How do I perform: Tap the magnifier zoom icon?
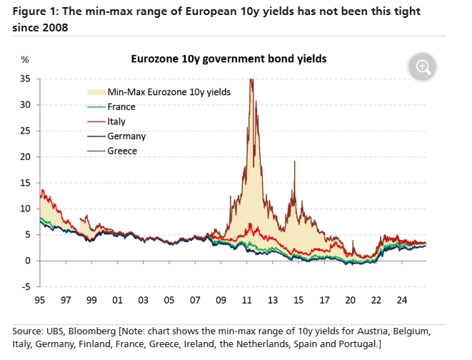tap(423, 67)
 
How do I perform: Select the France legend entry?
tap(121, 107)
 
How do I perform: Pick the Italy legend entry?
tap(116, 121)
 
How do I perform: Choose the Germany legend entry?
tap(126, 136)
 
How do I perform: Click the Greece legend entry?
tap(121, 151)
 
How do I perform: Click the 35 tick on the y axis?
tap(25, 79)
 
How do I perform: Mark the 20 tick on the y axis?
tap(25, 156)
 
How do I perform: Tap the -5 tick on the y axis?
tap(26, 286)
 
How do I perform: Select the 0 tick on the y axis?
tap(28, 261)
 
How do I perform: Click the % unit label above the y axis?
tap(25, 60)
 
